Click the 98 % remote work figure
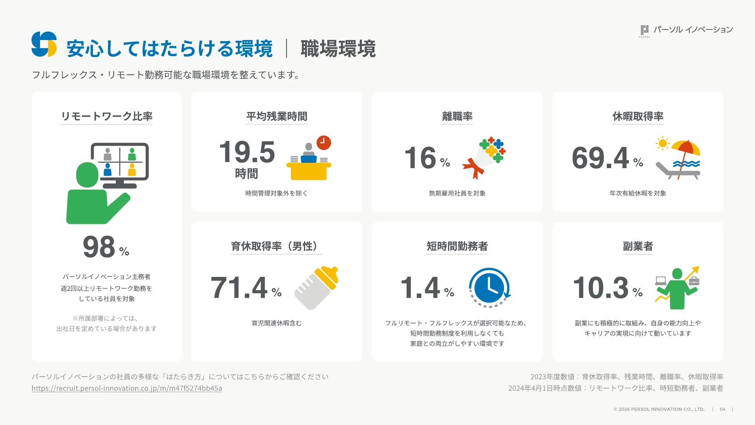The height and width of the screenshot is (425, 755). pos(105,247)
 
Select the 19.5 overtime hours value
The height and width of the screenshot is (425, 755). pos(247,152)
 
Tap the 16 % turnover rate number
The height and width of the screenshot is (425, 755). pos(427,158)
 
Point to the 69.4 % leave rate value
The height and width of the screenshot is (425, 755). pos(607,158)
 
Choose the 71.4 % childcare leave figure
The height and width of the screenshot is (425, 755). pos(246,287)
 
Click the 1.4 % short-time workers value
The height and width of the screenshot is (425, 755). pos(427,287)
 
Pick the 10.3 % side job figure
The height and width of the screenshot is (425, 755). pos(607,287)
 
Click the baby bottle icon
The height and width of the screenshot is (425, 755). pos(316,287)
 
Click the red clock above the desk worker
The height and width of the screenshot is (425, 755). pos(324,143)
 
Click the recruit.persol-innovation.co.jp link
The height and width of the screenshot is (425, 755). pos(127,388)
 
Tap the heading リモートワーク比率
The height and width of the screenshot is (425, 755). pos(107,116)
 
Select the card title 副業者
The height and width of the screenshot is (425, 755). pos(638,246)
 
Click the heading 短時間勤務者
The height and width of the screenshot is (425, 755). pos(457,246)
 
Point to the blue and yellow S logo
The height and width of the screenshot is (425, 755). pos(44,44)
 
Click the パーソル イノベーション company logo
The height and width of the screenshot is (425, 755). pos(686,30)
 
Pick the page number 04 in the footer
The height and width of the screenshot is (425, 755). pos(723,409)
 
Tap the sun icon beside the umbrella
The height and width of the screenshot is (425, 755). pos(662,144)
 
